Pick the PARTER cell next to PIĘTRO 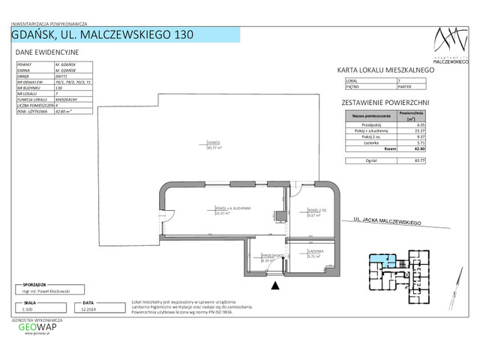pyautogui.click(x=402, y=85)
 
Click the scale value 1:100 pyautogui.click(x=28, y=307)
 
